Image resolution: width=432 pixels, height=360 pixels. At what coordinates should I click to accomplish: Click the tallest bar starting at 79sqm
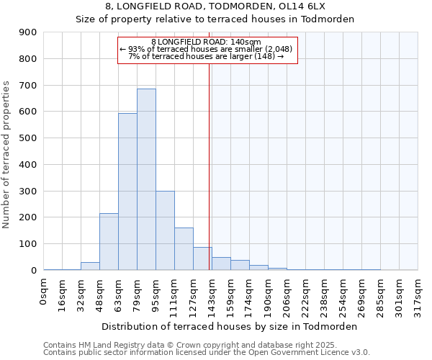(146, 180)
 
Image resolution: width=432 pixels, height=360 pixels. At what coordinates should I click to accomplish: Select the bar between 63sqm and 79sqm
(127, 192)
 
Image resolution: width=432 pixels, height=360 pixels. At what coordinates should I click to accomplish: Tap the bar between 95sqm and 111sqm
(165, 230)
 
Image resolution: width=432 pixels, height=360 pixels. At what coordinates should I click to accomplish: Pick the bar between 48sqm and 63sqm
(109, 242)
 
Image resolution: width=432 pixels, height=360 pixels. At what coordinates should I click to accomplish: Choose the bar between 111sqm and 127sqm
(184, 249)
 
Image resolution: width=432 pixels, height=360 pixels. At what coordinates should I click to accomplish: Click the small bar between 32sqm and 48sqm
(90, 266)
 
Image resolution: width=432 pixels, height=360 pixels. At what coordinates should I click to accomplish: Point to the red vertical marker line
(210, 166)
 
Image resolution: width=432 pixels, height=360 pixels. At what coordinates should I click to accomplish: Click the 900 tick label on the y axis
(28, 32)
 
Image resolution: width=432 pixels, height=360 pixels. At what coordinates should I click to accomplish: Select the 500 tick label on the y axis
(28, 138)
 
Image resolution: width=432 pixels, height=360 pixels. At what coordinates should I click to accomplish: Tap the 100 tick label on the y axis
(28, 244)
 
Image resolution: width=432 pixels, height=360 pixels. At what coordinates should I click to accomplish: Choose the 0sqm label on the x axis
(44, 290)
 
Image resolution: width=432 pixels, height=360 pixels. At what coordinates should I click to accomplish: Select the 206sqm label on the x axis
(287, 293)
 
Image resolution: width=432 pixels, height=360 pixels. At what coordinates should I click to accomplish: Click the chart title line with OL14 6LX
(216, 6)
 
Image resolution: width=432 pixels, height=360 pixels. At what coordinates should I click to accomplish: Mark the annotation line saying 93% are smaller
(207, 49)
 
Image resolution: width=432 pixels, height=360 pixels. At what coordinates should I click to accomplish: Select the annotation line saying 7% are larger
(207, 56)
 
